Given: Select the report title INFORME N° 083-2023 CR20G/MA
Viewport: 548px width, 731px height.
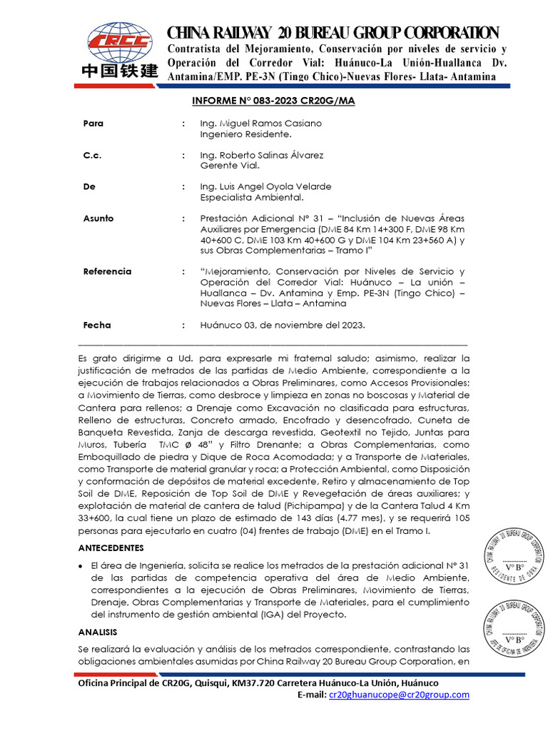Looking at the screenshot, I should pos(273,101).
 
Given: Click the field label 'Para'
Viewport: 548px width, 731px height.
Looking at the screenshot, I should pos(93,123).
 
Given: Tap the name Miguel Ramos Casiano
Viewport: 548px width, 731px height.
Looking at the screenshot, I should pos(261,123).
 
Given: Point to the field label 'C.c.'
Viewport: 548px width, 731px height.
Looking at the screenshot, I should pos(92,155).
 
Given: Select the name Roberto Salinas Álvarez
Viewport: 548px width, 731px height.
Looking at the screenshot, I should pos(262,155).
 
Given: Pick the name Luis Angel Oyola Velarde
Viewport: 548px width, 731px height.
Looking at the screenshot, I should pos(266,186).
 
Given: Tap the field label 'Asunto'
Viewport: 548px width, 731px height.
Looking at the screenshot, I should pos(98,218).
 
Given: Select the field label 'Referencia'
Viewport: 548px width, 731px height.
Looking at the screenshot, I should pos(107,271).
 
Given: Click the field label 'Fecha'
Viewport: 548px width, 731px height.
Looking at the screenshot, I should pos(97,325).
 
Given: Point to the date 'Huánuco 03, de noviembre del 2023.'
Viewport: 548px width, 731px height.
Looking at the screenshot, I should pos(283,325).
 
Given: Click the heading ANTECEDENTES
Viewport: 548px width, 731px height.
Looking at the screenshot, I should pos(111,548).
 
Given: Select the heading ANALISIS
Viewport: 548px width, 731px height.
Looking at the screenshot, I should pos(98,632).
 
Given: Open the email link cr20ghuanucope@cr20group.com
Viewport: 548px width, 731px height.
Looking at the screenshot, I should pos(399,695).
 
